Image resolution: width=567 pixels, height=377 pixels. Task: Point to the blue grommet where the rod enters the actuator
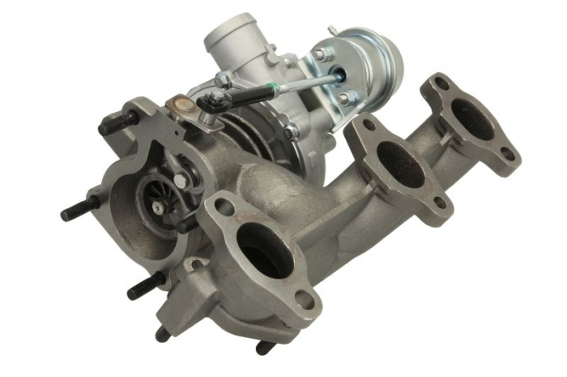(x=339, y=75)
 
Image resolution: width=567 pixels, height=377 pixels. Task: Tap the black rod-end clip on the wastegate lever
(x=214, y=101)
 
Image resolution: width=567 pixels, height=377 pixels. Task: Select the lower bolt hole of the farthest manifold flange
(x=509, y=153)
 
